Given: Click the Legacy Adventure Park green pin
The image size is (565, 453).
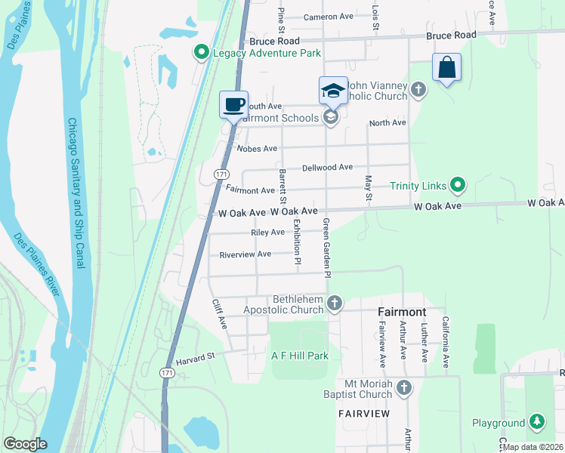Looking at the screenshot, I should [201, 53].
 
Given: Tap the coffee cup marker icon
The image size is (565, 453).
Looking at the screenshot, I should [233, 104].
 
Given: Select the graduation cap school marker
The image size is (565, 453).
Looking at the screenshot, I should [332, 91].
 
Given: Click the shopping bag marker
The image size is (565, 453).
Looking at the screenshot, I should [446, 67].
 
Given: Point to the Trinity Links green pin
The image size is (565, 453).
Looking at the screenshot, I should [457, 184].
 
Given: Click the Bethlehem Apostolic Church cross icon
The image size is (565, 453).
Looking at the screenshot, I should [335, 304].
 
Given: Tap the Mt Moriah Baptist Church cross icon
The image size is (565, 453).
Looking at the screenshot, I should [404, 388].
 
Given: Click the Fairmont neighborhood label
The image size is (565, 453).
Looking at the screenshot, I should [402, 312].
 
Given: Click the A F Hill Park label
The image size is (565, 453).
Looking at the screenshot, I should [300, 355].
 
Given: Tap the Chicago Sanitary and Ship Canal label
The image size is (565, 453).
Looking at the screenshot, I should [78, 193].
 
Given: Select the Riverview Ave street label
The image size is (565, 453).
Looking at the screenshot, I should [245, 254].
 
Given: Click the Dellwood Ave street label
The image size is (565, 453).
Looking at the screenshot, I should [327, 167].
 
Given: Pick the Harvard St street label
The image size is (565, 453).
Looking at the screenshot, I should [196, 356].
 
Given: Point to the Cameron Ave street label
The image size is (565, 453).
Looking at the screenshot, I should [329, 17].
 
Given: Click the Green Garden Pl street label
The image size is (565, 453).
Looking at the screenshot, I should [327, 248].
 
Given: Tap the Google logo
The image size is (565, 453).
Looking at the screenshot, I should [24, 444].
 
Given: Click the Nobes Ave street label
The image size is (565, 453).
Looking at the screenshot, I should [257, 149].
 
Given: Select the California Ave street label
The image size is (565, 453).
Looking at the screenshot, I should [446, 342].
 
